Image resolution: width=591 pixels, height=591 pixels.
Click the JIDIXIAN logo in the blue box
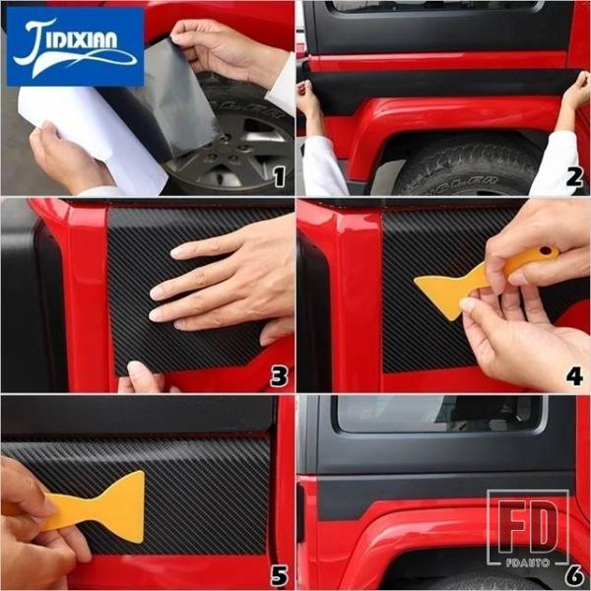(x=75, y=46)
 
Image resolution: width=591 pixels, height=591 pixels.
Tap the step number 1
(x=280, y=177)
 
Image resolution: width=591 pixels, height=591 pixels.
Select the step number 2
(x=574, y=177)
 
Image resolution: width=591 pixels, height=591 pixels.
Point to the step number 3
(x=279, y=377)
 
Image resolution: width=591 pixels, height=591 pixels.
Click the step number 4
(x=574, y=377)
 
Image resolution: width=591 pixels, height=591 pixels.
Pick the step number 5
(x=280, y=576)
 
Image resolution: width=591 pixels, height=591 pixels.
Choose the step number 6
(x=574, y=576)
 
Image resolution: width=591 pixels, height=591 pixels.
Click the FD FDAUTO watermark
(x=528, y=528)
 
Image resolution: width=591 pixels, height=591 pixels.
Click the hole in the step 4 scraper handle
(x=545, y=250)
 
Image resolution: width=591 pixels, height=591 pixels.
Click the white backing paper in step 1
(x=95, y=132)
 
